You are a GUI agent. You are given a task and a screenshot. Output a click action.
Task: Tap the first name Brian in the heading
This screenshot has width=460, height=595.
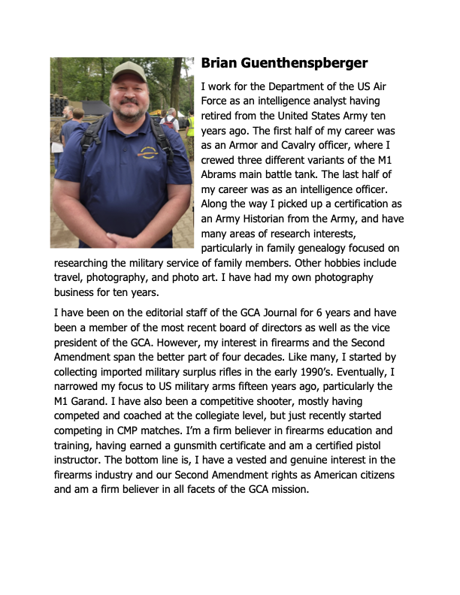coord(219,64)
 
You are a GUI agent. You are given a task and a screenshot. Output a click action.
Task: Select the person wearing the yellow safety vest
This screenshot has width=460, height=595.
coord(191,124)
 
